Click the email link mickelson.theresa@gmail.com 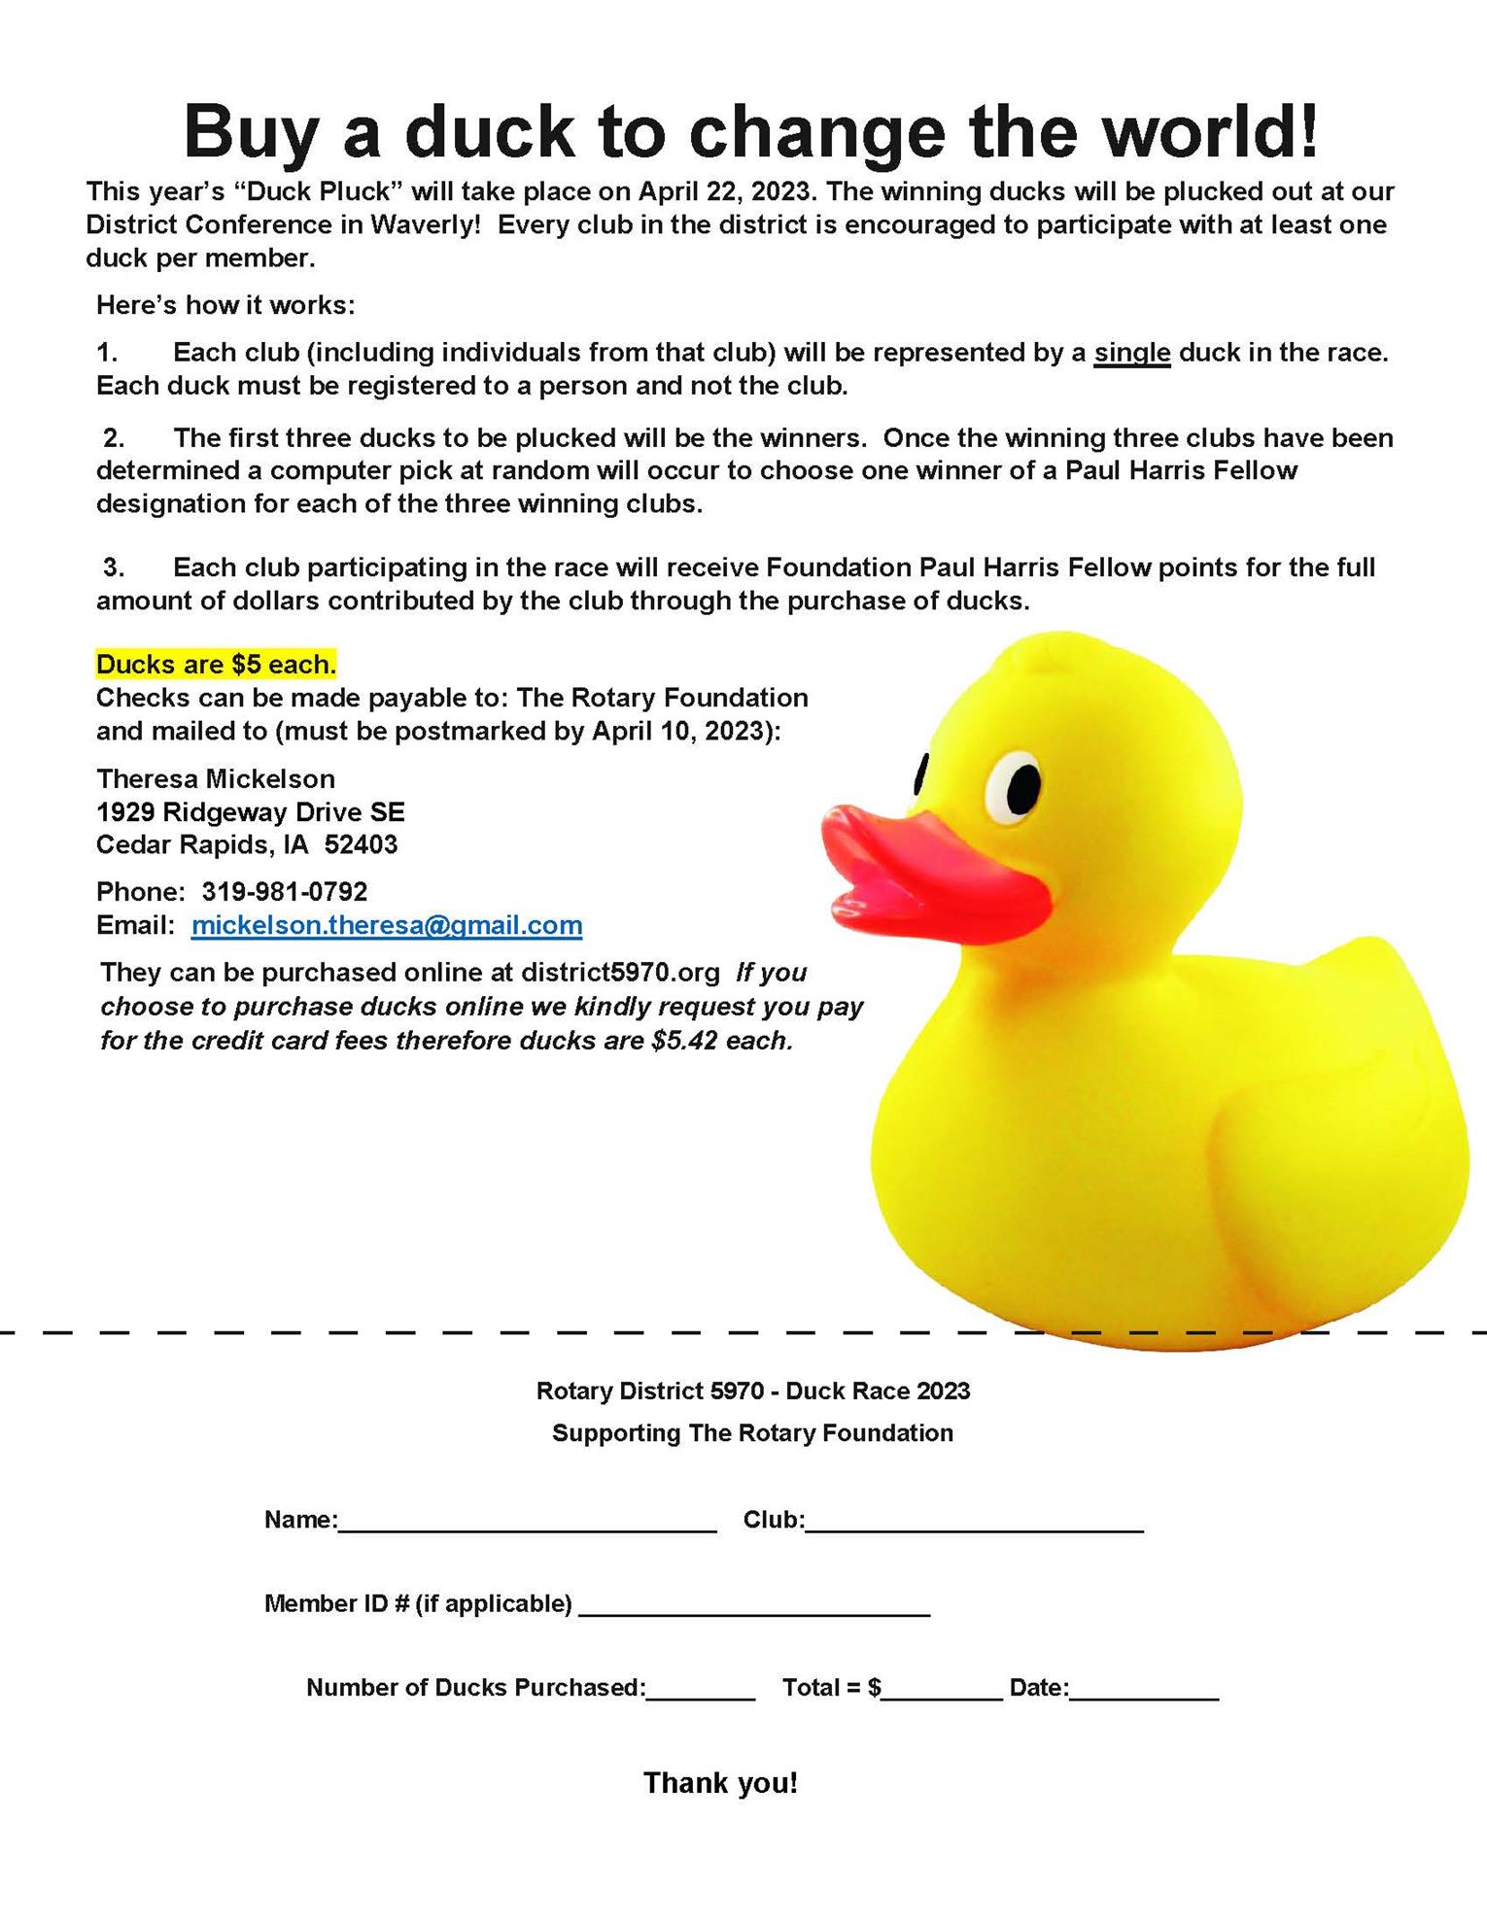387,925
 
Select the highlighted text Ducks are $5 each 216,665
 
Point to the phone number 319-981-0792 284,891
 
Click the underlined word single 1131,353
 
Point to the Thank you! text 720,1783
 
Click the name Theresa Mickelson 215,778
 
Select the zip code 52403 361,844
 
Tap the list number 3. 114,567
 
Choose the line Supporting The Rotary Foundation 752,1433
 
